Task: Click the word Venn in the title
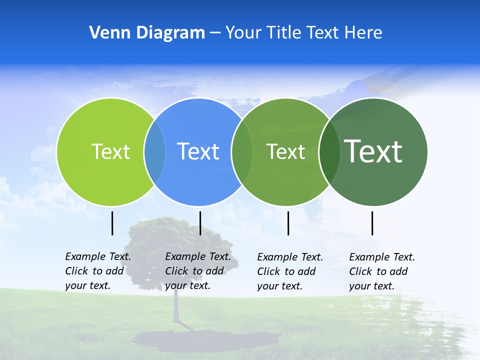[x=105, y=33]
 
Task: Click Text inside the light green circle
[x=110, y=151]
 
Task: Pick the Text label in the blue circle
[x=198, y=151]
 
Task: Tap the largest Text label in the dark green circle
[x=373, y=151]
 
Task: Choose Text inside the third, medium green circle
[x=286, y=151]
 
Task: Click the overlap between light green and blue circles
[x=154, y=151]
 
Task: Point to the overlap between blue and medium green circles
[x=242, y=151]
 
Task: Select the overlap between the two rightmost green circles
[x=329, y=151]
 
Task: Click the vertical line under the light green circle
[x=112, y=223]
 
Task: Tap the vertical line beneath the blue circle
[x=200, y=223]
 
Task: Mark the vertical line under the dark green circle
[x=372, y=223]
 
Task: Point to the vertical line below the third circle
[x=288, y=223]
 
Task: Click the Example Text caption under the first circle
[x=98, y=271]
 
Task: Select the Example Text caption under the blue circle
[x=198, y=271]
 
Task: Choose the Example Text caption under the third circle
[x=290, y=271]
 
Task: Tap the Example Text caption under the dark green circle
[x=382, y=271]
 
